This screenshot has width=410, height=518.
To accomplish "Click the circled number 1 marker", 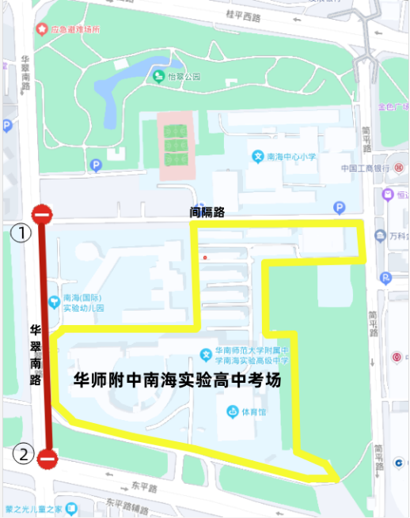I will point(21,233).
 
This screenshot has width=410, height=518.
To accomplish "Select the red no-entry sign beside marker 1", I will point(41,214).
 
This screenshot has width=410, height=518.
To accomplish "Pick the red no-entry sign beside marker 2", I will point(47,458).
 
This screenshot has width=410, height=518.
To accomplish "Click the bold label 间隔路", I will point(207,212).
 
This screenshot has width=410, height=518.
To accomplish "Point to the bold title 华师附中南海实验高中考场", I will point(177,380).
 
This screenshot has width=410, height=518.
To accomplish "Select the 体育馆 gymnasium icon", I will point(232,411).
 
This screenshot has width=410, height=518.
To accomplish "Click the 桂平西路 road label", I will point(244,15).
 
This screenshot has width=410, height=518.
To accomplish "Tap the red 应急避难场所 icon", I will point(41,29).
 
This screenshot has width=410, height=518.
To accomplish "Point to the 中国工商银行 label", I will point(364,168).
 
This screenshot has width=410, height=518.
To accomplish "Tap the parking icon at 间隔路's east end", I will point(340,208).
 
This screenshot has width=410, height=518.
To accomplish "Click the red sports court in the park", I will point(175,148).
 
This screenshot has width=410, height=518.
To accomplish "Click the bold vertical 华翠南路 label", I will point(35,354).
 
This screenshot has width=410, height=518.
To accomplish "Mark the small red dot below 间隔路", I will point(205,257).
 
